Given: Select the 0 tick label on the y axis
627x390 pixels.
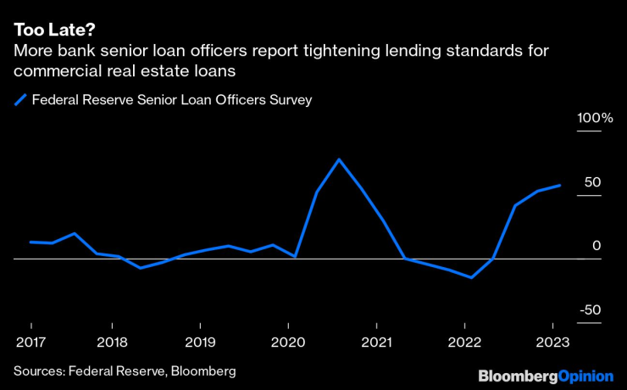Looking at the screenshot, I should [596, 245].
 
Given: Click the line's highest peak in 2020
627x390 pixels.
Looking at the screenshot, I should [339, 159].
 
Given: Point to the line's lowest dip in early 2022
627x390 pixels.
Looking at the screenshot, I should [471, 277].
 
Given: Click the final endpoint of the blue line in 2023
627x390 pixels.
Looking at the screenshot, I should [559, 185].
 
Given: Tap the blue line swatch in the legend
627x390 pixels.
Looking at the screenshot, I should [20, 100].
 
